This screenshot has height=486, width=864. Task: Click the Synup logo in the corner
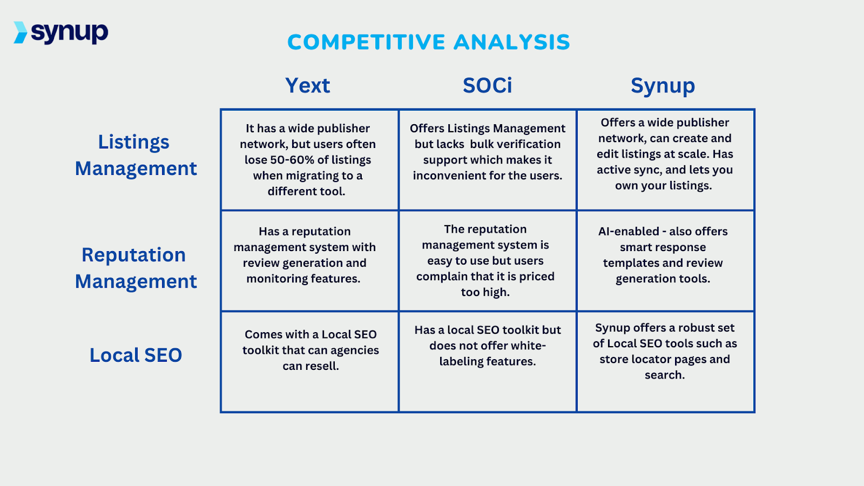point(61,32)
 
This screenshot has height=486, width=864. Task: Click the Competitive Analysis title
point(428,42)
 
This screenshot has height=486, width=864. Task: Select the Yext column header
point(307,85)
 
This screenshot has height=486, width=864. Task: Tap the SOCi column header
point(487,85)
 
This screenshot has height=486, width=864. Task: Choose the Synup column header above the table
point(663,86)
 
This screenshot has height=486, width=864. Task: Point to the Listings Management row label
point(135,155)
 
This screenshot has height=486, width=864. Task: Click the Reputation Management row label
point(135,268)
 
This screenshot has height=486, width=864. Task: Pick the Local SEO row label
point(136,355)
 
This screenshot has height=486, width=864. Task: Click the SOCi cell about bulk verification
point(488,152)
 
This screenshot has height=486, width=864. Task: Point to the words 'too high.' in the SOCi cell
point(485,292)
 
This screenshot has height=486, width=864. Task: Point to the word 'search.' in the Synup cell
point(664,375)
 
